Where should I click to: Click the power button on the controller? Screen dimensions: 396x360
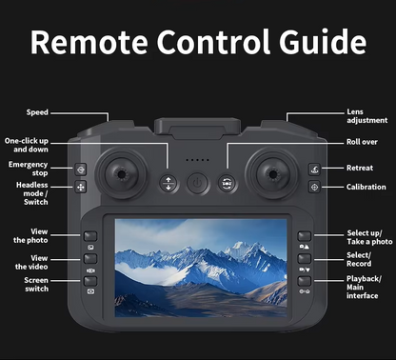pos(197,183)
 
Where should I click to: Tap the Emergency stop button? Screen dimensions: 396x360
pos(81,170)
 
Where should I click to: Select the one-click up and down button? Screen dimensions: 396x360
pos(168,184)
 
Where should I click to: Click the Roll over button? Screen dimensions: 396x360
pos(227,184)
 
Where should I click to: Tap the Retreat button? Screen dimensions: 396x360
pos(314,170)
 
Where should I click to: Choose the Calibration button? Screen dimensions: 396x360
pos(314,187)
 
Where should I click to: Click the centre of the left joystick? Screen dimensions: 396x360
pos(121,174)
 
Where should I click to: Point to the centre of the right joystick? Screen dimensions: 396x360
pos(272,174)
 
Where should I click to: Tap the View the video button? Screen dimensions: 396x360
pos(90,259)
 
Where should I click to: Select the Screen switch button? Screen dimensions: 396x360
pos(90,281)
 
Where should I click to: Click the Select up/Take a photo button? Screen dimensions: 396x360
pos(304,236)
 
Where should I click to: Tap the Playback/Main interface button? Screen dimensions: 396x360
pos(304,281)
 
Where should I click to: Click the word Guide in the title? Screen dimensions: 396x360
pos(323,42)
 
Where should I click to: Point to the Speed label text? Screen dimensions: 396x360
pos(37,112)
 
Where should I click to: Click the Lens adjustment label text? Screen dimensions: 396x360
pos(367,116)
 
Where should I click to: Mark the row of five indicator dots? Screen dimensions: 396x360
pos(197,160)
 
